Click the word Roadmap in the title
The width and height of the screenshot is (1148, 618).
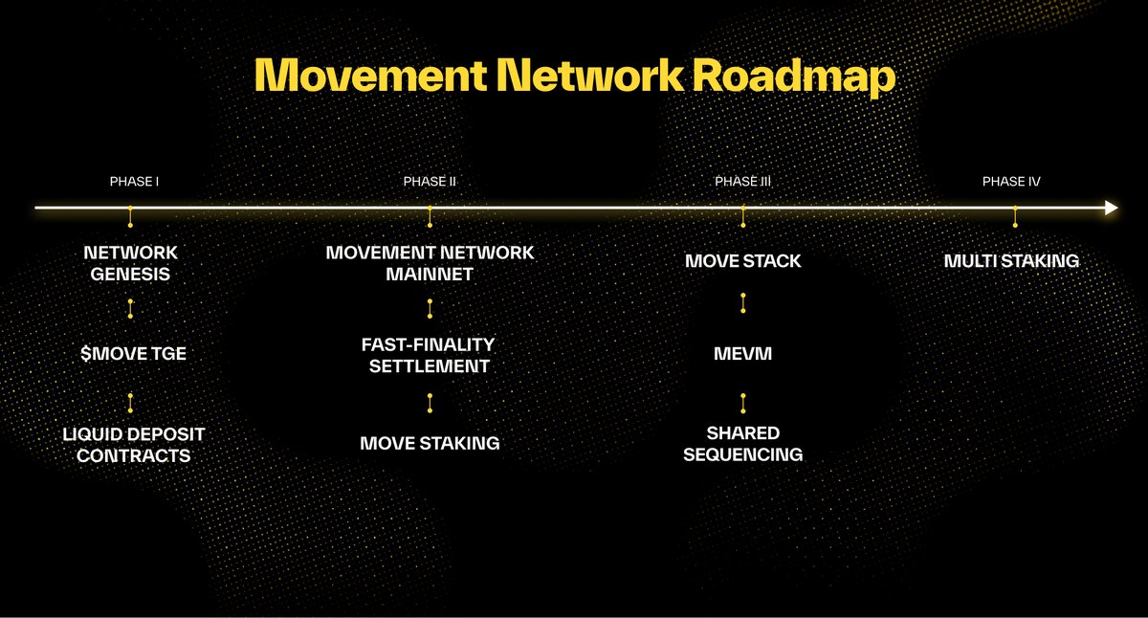tap(795, 77)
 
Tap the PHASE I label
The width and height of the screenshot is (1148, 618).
tap(134, 182)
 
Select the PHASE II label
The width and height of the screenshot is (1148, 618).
tap(430, 182)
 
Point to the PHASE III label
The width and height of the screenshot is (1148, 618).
tap(742, 182)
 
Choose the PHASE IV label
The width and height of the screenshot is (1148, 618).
tap(1011, 182)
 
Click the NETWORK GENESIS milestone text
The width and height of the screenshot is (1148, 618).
tap(131, 263)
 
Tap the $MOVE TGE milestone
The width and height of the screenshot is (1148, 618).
tap(132, 354)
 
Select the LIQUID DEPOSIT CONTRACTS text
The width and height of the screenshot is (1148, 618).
tap(133, 444)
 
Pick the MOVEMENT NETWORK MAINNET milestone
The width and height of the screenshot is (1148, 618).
tap(430, 263)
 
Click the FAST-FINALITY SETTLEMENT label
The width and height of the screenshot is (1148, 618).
tap(430, 354)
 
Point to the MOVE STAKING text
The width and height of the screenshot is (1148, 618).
tap(430, 443)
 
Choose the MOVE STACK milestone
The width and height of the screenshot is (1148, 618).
tap(743, 261)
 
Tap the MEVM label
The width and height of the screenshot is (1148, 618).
tap(743, 354)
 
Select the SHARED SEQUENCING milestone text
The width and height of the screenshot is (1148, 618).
tap(743, 444)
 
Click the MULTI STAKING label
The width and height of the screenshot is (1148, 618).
tap(1011, 261)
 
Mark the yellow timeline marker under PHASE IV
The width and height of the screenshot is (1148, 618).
tap(1015, 217)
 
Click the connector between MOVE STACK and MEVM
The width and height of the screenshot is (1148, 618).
tap(743, 303)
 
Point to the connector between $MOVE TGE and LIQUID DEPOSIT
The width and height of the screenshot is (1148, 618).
tap(130, 402)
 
